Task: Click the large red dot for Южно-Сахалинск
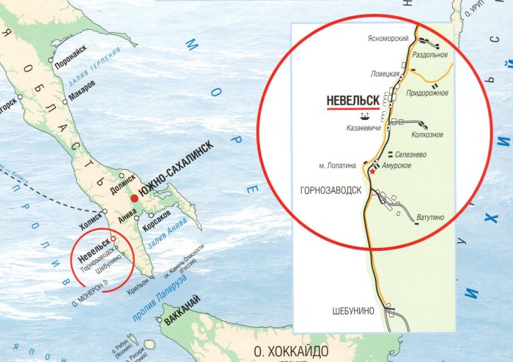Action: tap(134, 199)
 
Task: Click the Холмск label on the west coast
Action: tap(89, 217)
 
